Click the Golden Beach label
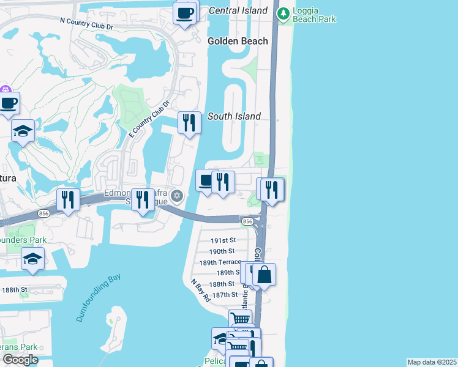(238, 41)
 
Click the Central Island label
(238, 10)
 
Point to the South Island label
(234, 116)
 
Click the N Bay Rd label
(200, 291)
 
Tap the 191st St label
(223, 240)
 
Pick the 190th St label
(222, 251)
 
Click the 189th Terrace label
(220, 262)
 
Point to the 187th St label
(223, 295)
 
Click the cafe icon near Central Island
(185, 12)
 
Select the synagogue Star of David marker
(178, 196)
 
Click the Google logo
(20, 360)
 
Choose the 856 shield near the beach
(247, 221)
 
